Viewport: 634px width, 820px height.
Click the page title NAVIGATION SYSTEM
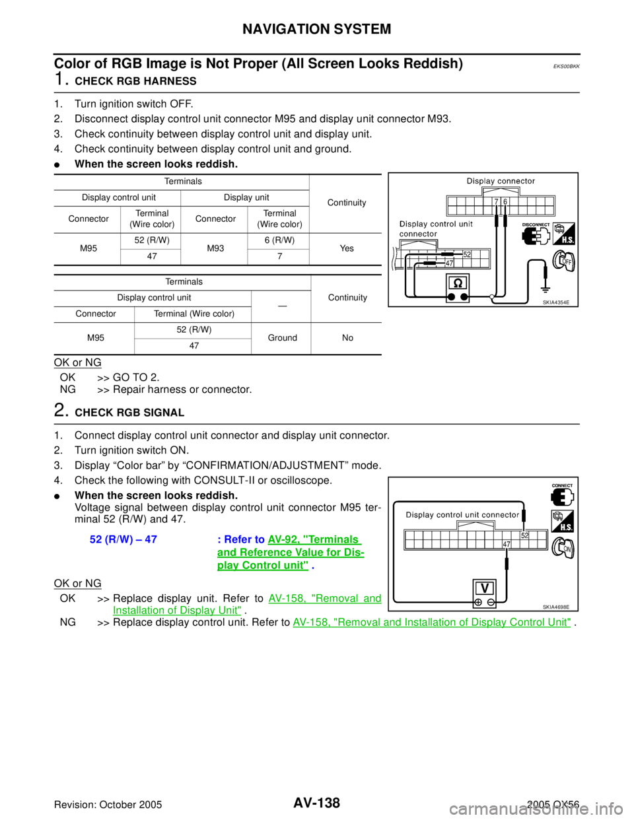pos(316,29)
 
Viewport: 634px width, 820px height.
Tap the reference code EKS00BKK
pos(566,67)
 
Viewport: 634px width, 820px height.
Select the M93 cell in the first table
pos(215,248)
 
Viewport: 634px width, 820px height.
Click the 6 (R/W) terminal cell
pos(279,240)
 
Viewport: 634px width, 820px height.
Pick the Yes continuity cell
pos(347,248)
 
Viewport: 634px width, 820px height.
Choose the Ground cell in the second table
pos(282,338)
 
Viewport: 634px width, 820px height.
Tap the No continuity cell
pos(347,338)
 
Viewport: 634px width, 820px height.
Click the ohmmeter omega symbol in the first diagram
pos(458,283)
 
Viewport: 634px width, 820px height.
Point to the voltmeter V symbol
pos(485,588)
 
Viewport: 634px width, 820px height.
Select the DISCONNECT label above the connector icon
pos(536,225)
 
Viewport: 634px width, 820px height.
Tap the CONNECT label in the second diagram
pos(562,486)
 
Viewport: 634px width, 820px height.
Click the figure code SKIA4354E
pos(556,302)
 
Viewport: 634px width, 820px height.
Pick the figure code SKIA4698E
pos(556,607)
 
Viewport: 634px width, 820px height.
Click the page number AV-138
pos(317,802)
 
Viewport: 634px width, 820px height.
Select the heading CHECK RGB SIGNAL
pos(129,413)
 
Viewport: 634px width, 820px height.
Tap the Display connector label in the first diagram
pos(501,181)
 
